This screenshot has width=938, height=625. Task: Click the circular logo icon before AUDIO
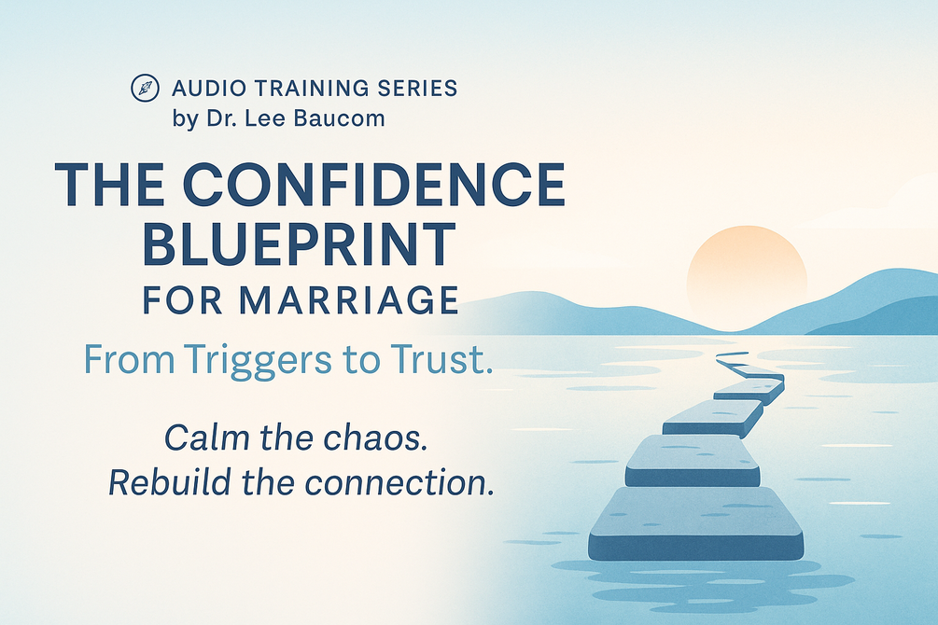pyautogui.click(x=145, y=88)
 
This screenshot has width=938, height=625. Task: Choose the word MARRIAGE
pyautogui.click(x=349, y=300)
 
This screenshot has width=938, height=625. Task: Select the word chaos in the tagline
pyautogui.click(x=375, y=437)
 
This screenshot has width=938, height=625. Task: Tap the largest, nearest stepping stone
pyautogui.click(x=695, y=524)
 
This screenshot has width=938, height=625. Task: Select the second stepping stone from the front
pyautogui.click(x=693, y=461)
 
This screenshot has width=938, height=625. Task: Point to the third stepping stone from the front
pyautogui.click(x=713, y=418)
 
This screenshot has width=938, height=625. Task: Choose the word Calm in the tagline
pyautogui.click(x=206, y=437)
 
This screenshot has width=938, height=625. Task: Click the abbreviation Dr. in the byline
pyautogui.click(x=219, y=118)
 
